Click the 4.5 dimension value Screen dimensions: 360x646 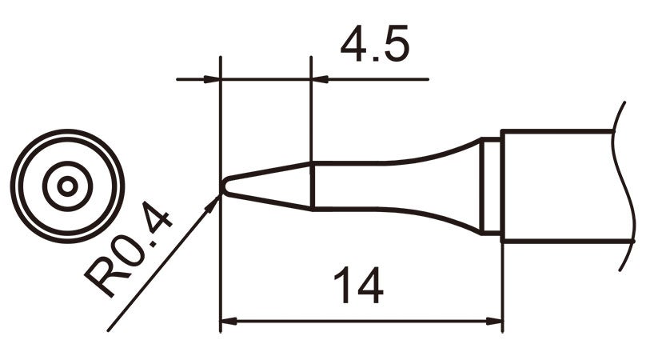[x=374, y=47]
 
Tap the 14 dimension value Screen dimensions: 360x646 [x=357, y=285]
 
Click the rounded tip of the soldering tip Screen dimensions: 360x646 [x=224, y=187]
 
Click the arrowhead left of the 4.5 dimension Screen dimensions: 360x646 [x=212, y=79]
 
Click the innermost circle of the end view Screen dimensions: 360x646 [x=68, y=186]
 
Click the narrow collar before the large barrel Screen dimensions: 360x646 [x=492, y=186]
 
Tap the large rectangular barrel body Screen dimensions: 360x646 [x=556, y=185]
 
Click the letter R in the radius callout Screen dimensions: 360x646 [x=105, y=276]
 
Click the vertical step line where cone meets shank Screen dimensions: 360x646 [x=311, y=186]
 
